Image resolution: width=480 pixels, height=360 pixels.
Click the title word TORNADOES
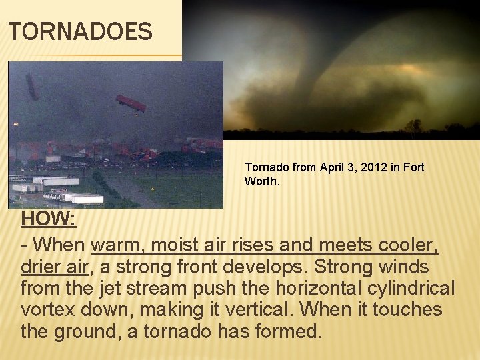81,31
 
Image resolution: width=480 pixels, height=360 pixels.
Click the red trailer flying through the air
131,103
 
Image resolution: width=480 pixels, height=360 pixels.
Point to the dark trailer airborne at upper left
31,87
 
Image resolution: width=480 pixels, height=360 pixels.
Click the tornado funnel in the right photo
313,73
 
